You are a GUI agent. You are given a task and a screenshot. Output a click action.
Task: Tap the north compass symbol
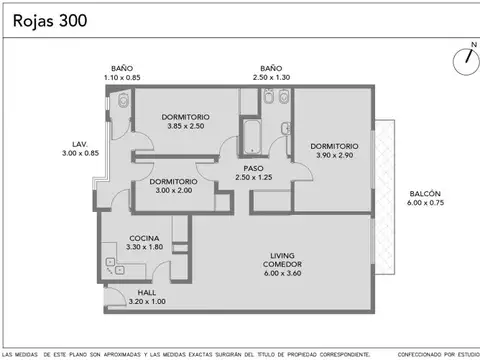tap(466, 57)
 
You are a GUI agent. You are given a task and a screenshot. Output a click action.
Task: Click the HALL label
tap(147, 292)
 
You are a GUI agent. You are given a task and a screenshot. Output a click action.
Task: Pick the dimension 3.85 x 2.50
tap(184, 127)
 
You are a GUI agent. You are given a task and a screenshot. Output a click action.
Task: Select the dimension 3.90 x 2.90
tap(333, 157)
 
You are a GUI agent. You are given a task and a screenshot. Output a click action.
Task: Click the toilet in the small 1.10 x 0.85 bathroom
tap(121, 100)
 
